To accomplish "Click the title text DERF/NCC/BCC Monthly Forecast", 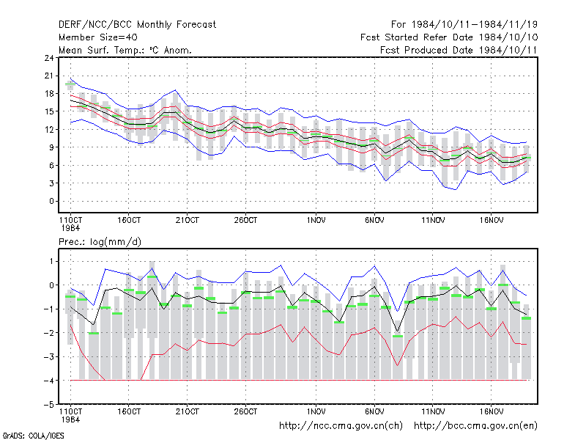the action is (x=137, y=25).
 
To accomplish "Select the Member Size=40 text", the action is (x=98, y=37).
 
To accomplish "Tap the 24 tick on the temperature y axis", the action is (x=49, y=58).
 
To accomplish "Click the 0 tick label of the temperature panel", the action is (x=51, y=201).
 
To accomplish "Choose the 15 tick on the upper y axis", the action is (x=49, y=111).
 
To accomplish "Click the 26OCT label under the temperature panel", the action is (x=245, y=221).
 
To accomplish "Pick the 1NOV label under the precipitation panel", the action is (x=316, y=411).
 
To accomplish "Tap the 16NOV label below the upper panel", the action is (x=491, y=221).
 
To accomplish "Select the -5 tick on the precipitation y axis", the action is (x=49, y=405).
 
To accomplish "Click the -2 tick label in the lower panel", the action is (x=49, y=333).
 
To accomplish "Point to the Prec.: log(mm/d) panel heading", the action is (x=100, y=242).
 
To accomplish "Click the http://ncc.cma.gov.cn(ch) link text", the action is (x=341, y=426).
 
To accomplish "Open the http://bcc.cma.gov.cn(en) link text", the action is (x=475, y=426).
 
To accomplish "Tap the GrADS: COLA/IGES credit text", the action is (x=33, y=436).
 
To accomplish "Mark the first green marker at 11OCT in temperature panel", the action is (x=70, y=84).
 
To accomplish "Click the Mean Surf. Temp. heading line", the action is (x=125, y=50).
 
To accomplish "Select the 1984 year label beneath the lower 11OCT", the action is (x=70, y=419).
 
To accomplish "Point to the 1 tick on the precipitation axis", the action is (x=51, y=262).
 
